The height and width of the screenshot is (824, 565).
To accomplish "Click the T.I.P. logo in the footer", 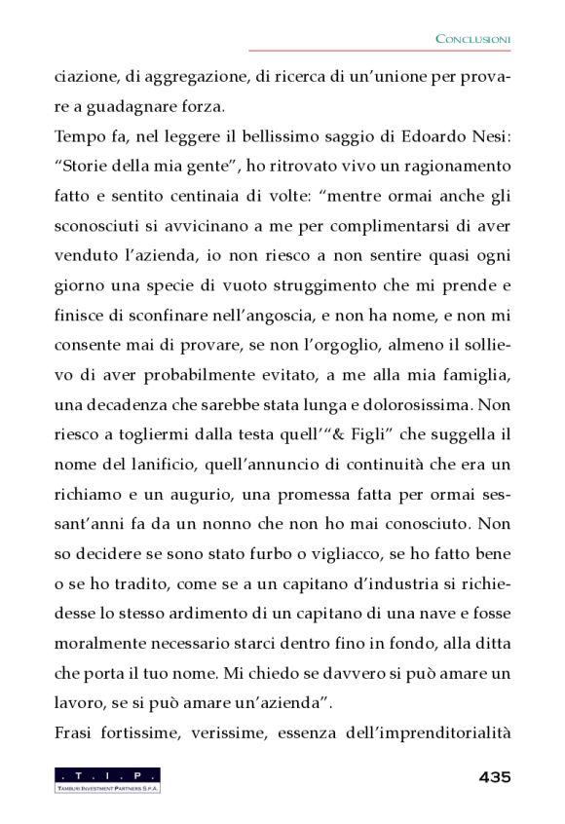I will click(x=107, y=779).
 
